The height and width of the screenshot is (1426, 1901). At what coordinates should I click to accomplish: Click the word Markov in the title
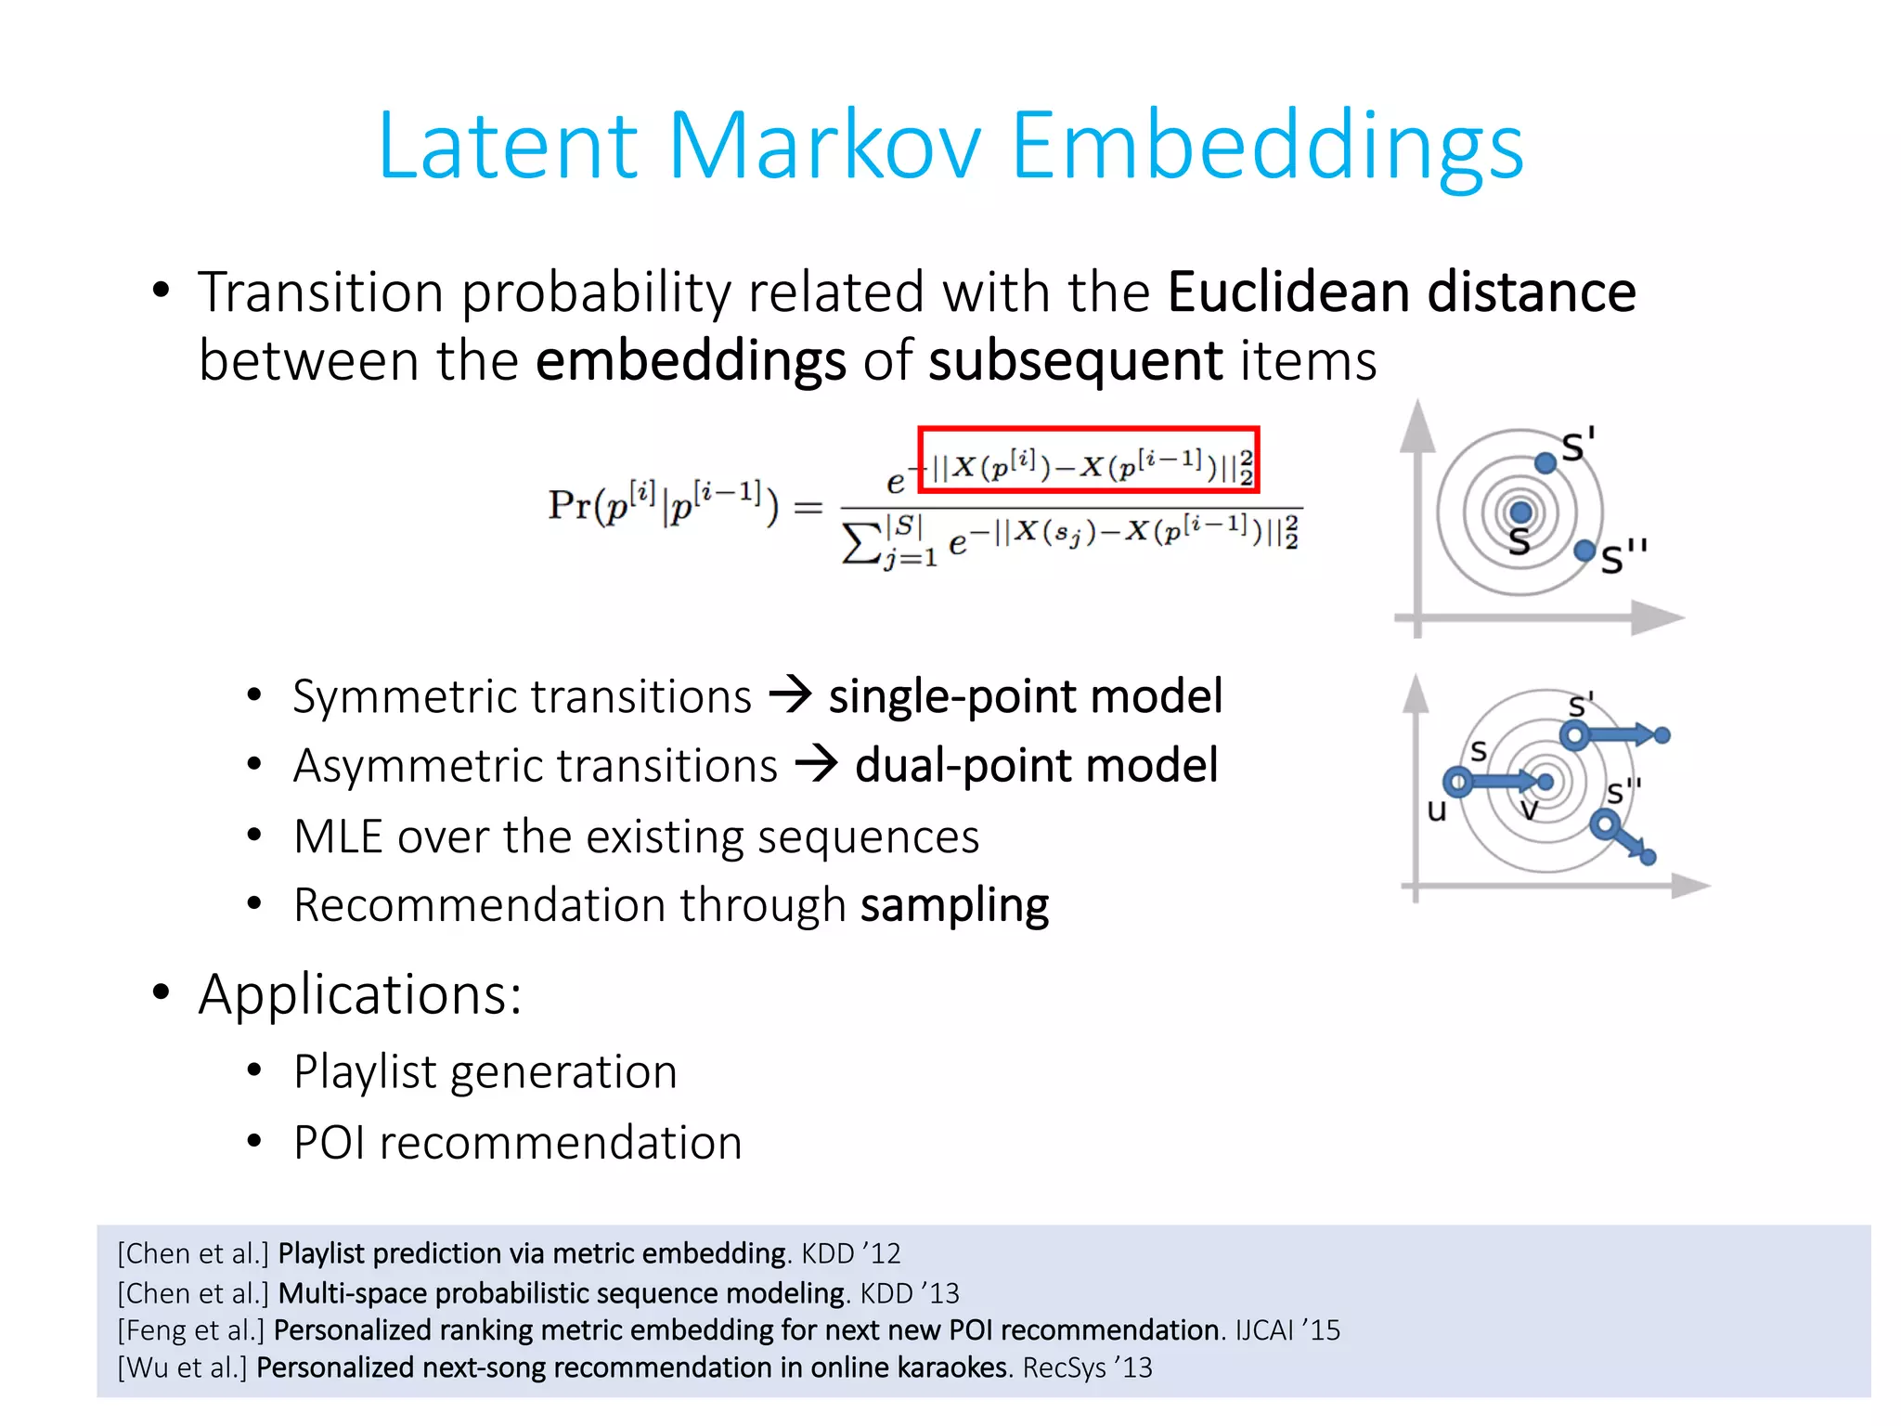pos(824,146)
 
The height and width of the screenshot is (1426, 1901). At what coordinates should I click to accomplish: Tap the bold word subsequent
pos(1075,361)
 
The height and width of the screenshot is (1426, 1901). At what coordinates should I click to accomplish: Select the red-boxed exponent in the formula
pos(1088,460)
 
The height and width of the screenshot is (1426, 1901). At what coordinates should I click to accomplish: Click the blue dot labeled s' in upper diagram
pos(1545,462)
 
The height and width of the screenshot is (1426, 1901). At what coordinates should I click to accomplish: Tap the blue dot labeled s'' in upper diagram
pos(1584,551)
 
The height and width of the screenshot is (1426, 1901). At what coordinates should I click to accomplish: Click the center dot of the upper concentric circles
pos(1520,512)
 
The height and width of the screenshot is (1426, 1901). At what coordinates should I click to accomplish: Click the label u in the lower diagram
pos(1437,810)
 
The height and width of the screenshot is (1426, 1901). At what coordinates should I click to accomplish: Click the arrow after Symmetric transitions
pos(791,695)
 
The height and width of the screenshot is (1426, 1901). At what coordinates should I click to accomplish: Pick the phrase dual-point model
pos(1036,766)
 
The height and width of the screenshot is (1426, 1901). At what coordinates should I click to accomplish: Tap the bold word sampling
pos(954,905)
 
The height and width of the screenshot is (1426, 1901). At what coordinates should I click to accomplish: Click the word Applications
pos(359,994)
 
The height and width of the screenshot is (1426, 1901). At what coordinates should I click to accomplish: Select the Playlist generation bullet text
pos(485,1072)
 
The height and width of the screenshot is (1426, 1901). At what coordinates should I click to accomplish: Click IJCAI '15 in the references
pos(1287,1329)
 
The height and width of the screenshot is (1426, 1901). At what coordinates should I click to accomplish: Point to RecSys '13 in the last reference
pos(1086,1368)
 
